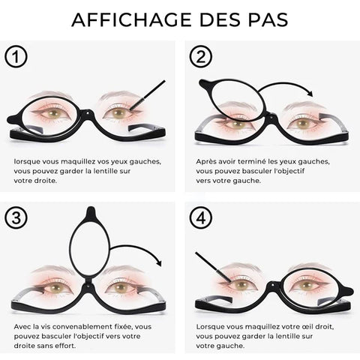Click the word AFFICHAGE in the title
[131, 19]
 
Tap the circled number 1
[16, 57]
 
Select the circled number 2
[201, 56]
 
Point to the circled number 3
[16, 217]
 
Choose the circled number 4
[201, 217]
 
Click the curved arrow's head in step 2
[310, 93]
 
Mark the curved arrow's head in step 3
[159, 262]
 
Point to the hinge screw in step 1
[88, 113]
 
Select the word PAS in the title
[268, 19]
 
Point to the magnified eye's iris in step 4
[307, 285]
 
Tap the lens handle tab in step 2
[205, 84]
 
